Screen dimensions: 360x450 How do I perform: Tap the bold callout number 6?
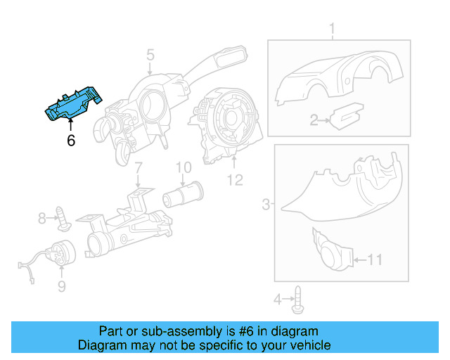(x=70, y=140)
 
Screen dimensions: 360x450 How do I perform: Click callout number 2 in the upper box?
(x=314, y=121)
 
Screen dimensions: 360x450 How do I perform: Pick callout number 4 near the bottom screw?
(x=278, y=300)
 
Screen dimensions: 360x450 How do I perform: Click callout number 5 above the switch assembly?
(x=150, y=54)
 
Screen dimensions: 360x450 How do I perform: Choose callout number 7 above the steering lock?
(x=138, y=168)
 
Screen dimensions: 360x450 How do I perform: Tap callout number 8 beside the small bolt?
(x=42, y=219)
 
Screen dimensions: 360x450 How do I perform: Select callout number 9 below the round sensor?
(x=61, y=286)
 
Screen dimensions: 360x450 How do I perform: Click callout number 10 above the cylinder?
(x=184, y=167)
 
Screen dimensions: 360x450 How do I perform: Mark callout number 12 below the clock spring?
(x=235, y=180)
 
